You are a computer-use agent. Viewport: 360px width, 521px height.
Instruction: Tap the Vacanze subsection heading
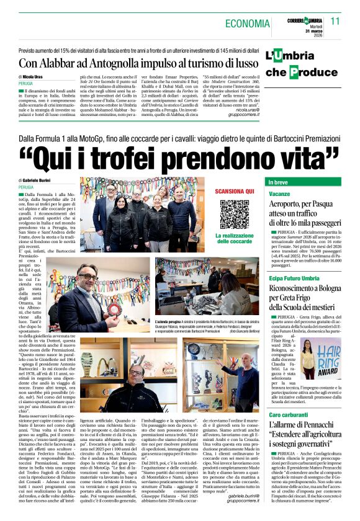[x=279, y=194]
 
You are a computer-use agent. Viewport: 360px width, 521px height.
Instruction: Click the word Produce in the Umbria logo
[x=310, y=72]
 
